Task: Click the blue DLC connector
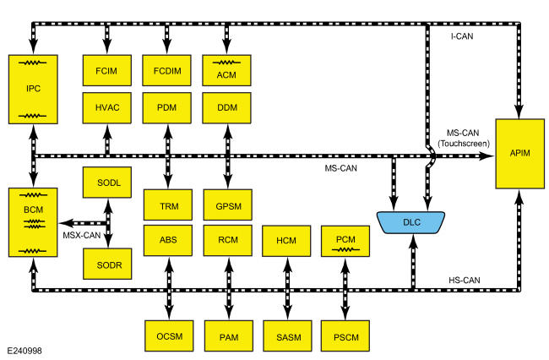(x=411, y=222)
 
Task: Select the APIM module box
(x=520, y=154)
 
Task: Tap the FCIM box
(x=106, y=70)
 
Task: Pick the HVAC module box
(x=106, y=108)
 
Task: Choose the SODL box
(x=107, y=182)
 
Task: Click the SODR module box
(x=107, y=264)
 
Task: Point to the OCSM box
(x=169, y=335)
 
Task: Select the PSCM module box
(x=345, y=335)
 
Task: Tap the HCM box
(x=286, y=241)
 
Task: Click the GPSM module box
(x=227, y=205)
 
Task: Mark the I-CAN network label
(x=462, y=36)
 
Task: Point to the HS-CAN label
(x=465, y=281)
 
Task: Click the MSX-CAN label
(x=82, y=235)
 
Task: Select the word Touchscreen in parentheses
(x=464, y=144)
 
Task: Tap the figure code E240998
(x=24, y=351)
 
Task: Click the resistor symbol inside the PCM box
(x=345, y=249)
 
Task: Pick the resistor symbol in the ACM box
(x=226, y=63)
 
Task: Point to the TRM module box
(x=168, y=205)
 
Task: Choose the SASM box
(x=287, y=335)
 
